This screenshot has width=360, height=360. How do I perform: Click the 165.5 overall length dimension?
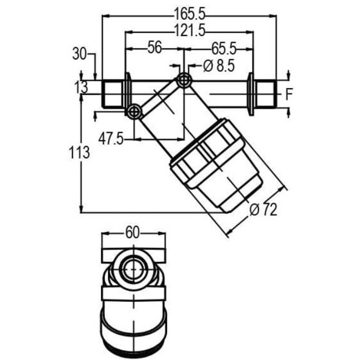(189, 14)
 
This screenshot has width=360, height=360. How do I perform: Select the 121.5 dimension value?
(189, 30)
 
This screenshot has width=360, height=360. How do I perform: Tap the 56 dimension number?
(155, 47)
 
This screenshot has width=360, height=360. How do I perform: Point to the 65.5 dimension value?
(224, 49)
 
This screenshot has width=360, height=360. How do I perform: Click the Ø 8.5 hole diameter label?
(219, 66)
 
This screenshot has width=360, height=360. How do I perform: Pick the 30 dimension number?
(80, 54)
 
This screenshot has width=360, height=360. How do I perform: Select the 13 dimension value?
(82, 87)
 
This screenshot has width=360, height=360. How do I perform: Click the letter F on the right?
(289, 94)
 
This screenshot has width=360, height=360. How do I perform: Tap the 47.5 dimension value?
(111, 139)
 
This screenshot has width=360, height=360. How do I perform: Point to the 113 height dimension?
(80, 152)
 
